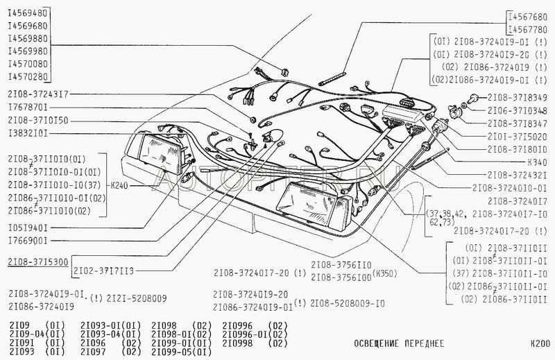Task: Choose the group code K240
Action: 123,187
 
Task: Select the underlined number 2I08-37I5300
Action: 37,263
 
